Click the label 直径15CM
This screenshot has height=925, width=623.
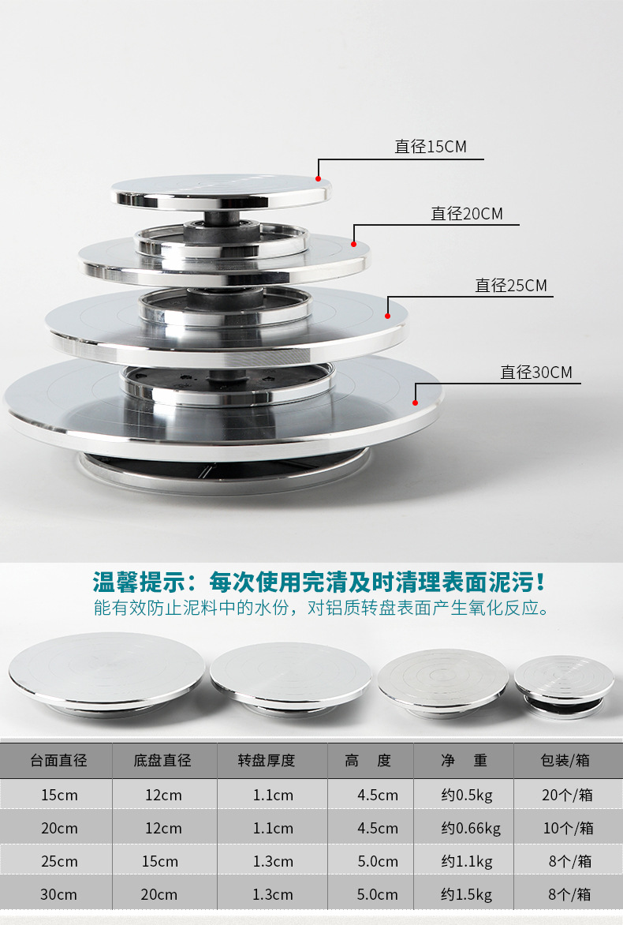(x=430, y=147)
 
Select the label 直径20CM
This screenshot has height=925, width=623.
(x=466, y=214)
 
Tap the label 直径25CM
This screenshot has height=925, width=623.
(x=510, y=286)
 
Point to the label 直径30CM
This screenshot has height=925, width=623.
(x=536, y=373)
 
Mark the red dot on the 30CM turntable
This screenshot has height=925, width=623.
(x=415, y=403)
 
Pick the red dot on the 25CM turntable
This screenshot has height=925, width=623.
(x=387, y=316)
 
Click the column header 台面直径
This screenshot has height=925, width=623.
(x=59, y=761)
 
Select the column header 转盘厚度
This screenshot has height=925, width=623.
(x=267, y=761)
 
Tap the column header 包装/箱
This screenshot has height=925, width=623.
(x=565, y=761)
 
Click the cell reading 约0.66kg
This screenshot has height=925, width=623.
(x=471, y=829)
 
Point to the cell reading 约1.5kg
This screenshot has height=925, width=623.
(x=466, y=895)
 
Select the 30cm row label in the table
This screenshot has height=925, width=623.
(x=59, y=895)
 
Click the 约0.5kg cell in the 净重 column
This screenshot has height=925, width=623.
(x=466, y=796)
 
